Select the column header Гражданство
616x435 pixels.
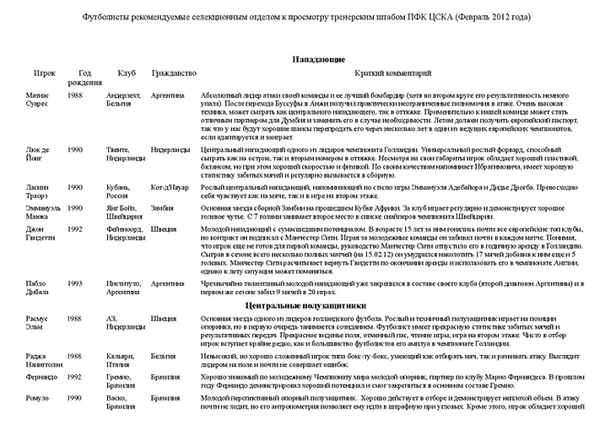point(174,74)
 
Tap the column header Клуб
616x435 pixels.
point(127,74)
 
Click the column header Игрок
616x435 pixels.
point(45,74)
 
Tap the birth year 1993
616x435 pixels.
point(74,284)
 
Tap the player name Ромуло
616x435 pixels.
point(38,397)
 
